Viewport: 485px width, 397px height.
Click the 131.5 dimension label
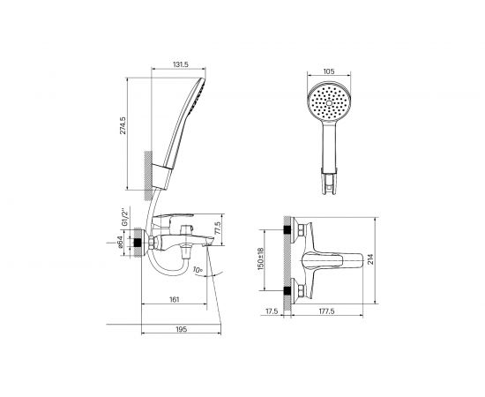(x=181, y=64)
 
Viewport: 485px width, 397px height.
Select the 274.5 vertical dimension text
(x=123, y=125)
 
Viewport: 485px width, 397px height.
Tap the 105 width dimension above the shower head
(x=329, y=71)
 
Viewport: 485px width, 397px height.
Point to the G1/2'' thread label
(x=124, y=218)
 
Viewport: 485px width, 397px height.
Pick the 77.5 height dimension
(x=217, y=228)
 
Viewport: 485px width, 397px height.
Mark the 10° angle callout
(x=198, y=270)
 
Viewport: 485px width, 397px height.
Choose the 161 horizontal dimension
(x=174, y=300)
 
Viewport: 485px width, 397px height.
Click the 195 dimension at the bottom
(x=182, y=329)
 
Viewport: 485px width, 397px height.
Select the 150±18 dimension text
(x=260, y=258)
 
